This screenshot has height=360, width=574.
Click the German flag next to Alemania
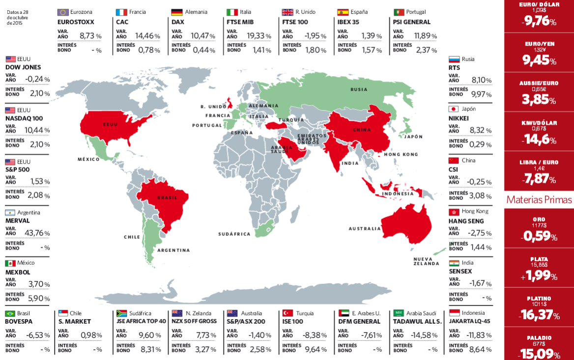177,12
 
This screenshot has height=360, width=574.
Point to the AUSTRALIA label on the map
364,228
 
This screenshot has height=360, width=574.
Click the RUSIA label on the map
359,89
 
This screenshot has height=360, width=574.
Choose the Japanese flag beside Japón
454,109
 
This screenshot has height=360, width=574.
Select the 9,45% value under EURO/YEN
539,60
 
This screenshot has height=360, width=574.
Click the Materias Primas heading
539,200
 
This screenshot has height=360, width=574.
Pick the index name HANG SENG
466,222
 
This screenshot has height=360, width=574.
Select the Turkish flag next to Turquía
288,313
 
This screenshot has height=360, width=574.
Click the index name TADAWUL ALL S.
418,322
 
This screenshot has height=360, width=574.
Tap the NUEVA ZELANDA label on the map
426,261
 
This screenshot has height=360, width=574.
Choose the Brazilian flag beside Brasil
10,313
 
